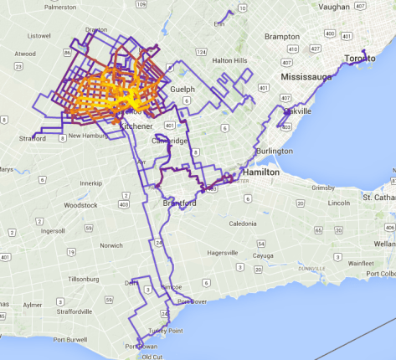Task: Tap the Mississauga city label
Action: click(x=300, y=76)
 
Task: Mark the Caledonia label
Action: click(x=243, y=224)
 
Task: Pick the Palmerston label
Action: click(x=48, y=6)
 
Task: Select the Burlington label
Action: click(x=275, y=151)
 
